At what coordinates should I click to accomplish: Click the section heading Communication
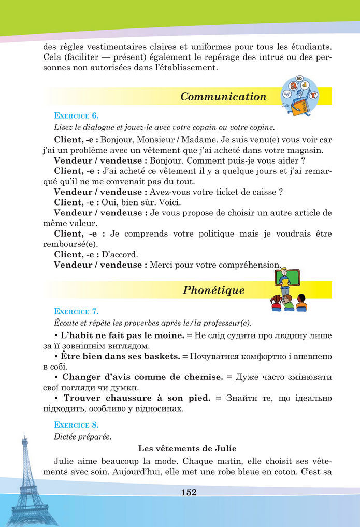[x=223, y=97]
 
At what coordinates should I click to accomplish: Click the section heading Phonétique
[x=213, y=290]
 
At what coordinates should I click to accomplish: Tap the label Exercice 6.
[x=76, y=115]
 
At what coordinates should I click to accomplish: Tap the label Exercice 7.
[x=76, y=312]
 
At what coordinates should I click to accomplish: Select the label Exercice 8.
[x=76, y=426]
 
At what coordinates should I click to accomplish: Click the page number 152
[x=189, y=492]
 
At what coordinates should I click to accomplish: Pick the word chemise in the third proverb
[x=199, y=377]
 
